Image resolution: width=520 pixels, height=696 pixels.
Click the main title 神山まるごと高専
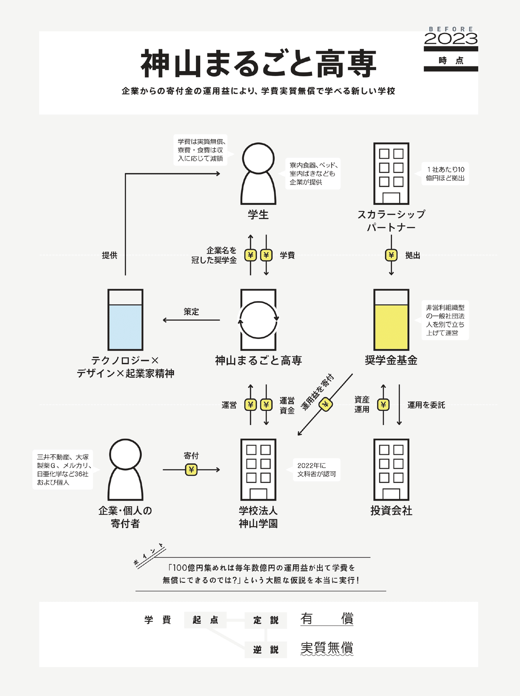(x=258, y=64)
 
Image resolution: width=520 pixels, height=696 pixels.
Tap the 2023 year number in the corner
(x=451, y=39)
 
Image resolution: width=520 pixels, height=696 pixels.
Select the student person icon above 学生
(x=258, y=173)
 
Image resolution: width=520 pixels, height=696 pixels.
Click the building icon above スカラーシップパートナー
(x=391, y=173)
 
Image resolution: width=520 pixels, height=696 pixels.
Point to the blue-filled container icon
(x=125, y=320)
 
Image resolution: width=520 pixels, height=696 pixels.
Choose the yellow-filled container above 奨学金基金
(x=391, y=320)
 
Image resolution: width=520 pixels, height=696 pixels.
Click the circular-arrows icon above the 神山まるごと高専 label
(x=258, y=320)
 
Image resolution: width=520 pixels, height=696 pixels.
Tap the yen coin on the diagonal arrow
(x=326, y=405)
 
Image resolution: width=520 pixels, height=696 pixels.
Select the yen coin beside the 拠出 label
(x=391, y=255)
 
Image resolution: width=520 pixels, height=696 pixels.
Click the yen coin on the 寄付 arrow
(x=191, y=470)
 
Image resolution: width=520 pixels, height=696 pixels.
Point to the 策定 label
(x=191, y=312)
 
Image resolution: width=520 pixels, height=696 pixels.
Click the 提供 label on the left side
(x=110, y=255)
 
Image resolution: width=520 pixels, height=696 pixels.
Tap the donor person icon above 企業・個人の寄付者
(x=125, y=470)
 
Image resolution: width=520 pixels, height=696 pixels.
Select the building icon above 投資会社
(x=391, y=470)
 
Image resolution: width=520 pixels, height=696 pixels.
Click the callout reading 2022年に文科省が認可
(x=316, y=470)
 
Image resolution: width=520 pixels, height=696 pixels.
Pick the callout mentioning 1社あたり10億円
(x=445, y=174)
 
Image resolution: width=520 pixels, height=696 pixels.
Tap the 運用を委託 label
(x=426, y=405)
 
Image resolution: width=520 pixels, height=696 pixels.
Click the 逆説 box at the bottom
(x=266, y=650)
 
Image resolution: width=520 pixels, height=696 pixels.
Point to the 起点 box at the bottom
(x=205, y=620)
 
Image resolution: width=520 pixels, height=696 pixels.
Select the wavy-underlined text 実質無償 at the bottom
(x=327, y=648)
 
